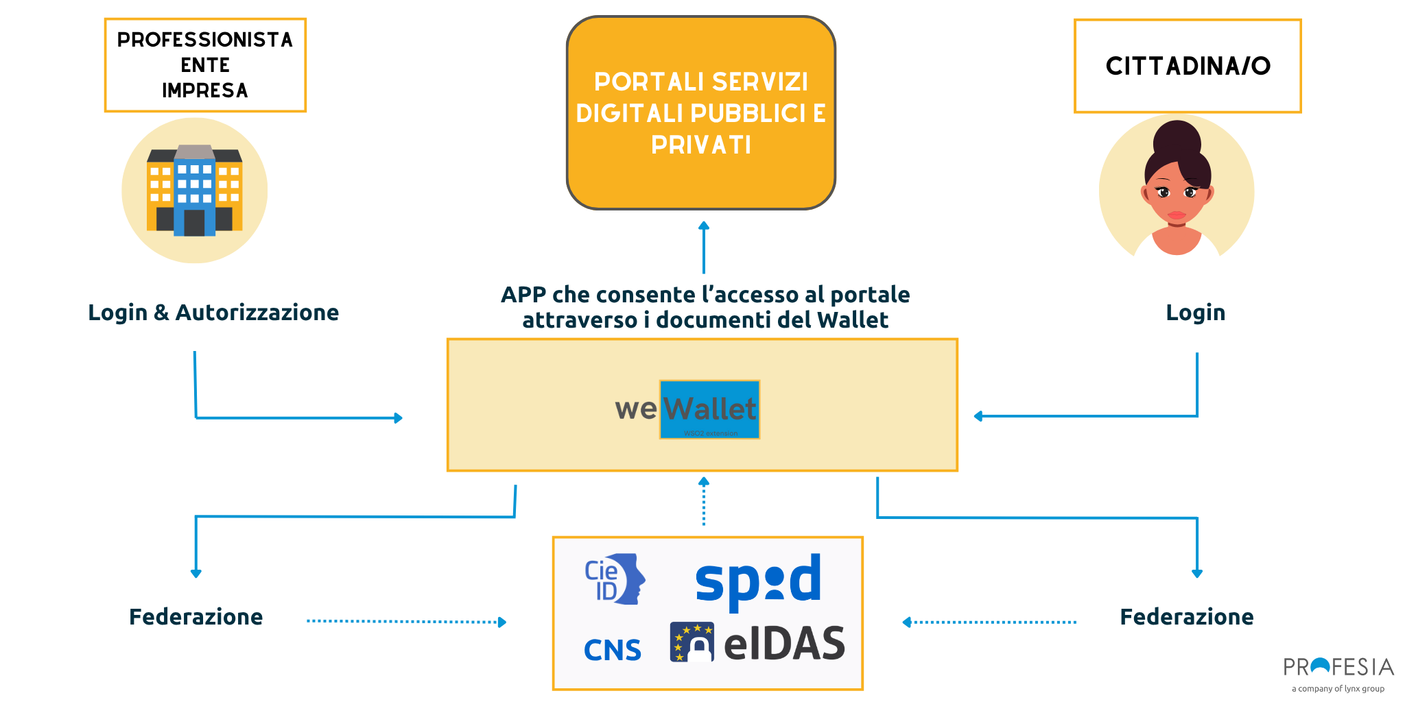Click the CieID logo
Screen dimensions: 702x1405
614,579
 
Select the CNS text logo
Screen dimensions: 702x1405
612,650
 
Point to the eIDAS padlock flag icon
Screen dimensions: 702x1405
692,642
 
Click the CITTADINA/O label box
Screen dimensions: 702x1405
1188,66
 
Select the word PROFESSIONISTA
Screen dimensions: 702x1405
204,40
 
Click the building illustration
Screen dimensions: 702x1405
195,191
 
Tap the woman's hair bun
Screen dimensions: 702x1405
1176,138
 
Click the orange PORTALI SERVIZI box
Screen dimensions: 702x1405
700,112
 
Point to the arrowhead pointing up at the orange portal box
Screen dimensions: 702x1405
703,226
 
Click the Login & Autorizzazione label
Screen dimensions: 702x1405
213,313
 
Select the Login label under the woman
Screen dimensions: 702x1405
1195,313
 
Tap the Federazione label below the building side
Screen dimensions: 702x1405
196,617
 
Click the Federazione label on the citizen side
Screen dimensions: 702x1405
1186,617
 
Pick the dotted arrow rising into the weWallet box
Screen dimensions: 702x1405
703,500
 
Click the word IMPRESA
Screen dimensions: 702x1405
204,90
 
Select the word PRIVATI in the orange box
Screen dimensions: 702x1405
700,145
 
